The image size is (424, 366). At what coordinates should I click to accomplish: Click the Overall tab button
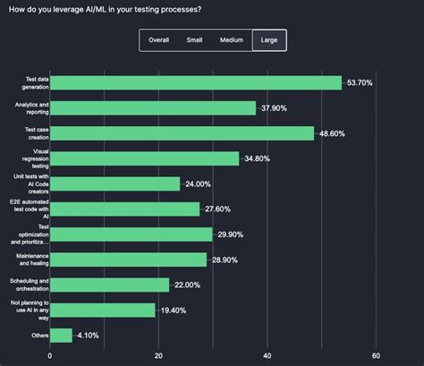159,40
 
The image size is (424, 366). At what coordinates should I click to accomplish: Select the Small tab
194,40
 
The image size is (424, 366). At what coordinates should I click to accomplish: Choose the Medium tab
231,40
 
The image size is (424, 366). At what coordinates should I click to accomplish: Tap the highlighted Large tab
269,40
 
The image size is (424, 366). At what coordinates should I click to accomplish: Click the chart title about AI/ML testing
106,9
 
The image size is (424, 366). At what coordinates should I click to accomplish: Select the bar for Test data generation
196,82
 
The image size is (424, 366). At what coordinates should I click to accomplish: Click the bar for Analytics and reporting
153,107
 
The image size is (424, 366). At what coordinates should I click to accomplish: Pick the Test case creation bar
182,133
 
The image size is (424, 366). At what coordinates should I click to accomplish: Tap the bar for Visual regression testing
144,158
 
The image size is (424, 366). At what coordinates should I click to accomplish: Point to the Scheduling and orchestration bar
109,285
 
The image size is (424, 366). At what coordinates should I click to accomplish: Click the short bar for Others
61,336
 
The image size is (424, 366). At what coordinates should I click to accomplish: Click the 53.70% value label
367,82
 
